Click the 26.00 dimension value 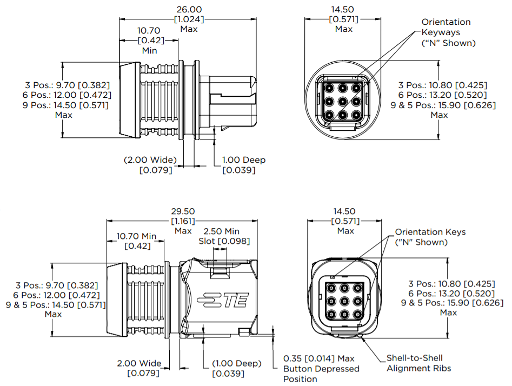click(189, 10)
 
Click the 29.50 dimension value click(183, 211)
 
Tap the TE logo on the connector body click(223, 300)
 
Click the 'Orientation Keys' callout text click(430, 232)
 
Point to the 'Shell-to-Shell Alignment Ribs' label click(419, 363)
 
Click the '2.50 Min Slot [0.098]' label click(224, 236)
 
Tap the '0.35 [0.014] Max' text click(318, 358)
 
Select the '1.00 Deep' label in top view click(244, 159)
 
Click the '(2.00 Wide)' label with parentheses click(150, 159)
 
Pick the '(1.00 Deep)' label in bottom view click(237, 363)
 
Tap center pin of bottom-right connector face click(344, 301)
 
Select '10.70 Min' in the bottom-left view click(136, 236)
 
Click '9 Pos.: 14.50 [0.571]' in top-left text click(65, 105)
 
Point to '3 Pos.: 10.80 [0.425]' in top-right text click(443, 85)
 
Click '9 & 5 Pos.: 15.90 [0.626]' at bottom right click(452, 303)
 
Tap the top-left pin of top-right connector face click(329, 88)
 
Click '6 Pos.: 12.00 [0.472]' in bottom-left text click(56, 295)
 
